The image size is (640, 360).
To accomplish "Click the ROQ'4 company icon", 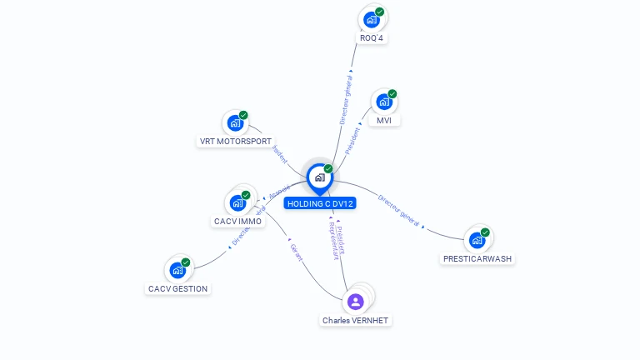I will point(372,19).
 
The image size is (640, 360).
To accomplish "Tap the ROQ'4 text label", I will point(372,38).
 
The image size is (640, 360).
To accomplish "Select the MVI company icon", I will point(384,102).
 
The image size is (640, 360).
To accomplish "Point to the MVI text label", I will point(384,121).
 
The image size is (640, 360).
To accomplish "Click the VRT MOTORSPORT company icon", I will point(236,123).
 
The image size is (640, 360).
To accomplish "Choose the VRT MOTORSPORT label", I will point(236,142).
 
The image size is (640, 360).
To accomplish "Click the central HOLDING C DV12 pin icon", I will point(320,177).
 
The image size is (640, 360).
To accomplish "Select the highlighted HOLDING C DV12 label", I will point(320,203).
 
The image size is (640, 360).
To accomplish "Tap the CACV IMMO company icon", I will point(238,202).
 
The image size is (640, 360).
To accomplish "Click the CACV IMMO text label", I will point(238,222).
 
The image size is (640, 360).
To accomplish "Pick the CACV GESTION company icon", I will point(177,270).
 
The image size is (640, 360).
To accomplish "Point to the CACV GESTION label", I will point(178,289).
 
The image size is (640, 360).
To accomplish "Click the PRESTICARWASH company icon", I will point(477,240).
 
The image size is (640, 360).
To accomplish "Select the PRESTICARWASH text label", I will point(477,259).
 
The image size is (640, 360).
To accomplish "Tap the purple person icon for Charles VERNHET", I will point(356,301).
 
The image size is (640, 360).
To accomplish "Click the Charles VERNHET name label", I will point(356,321).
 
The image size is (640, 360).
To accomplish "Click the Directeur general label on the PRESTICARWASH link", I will point(399,211).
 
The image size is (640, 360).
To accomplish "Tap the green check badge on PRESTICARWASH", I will point(485,232).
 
